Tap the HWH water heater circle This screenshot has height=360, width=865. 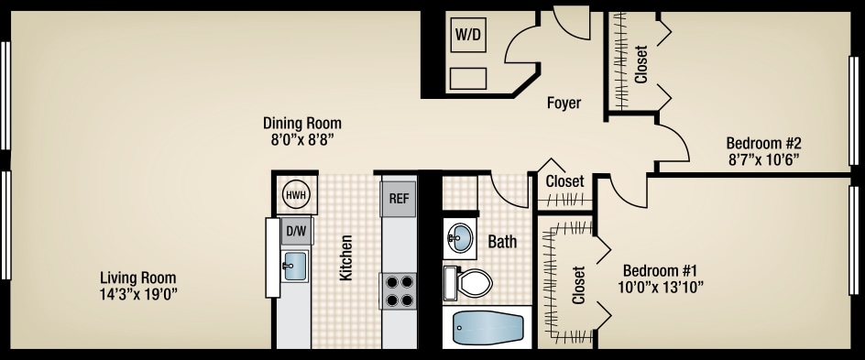pos(295,194)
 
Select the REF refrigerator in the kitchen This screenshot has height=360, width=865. pos(399,198)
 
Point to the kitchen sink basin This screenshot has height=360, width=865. pos(295,267)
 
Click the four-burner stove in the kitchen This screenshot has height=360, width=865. pos(399,290)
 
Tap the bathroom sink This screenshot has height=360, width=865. pos(460,238)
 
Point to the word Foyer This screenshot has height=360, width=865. pos(564,104)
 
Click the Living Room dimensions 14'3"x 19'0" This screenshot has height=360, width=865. pos(138,294)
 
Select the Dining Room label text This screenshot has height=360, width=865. pos(302,124)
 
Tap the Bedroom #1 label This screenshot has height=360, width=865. pos(661,271)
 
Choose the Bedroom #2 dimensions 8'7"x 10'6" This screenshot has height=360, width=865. pos(763,158)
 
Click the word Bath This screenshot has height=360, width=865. pos(502,243)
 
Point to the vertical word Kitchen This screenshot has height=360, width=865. pos(346,257)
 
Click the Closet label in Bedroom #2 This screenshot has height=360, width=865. pos(641,65)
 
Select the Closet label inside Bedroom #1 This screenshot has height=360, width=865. pos(578,285)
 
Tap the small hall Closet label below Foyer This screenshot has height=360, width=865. pos(564,181)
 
